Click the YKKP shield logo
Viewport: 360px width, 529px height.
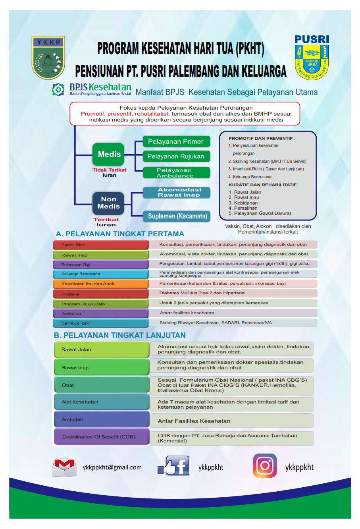pyautogui.click(x=48, y=57)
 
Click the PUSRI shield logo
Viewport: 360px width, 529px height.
pyautogui.click(x=312, y=57)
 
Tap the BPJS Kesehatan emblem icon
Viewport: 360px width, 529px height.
pyautogui.click(x=58, y=89)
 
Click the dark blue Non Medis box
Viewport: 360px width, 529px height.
pyautogui.click(x=108, y=203)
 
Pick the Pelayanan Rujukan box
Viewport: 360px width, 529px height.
pyautogui.click(x=176, y=156)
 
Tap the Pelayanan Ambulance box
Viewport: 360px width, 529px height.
pyautogui.click(x=176, y=173)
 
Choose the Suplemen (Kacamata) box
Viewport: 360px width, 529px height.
pyautogui.click(x=176, y=216)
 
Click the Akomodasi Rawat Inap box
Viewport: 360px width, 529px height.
pyautogui.click(x=176, y=193)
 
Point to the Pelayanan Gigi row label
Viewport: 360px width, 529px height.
pyautogui.click(x=101, y=264)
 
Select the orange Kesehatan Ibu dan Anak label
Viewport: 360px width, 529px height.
pyautogui.click(x=101, y=284)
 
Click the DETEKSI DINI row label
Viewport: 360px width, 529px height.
pyautogui.click(x=101, y=323)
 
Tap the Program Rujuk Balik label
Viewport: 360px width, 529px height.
pyautogui.click(x=101, y=303)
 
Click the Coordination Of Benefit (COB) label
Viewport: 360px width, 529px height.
pyautogui.click(x=102, y=436)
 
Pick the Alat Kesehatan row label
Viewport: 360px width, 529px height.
pyautogui.click(x=102, y=402)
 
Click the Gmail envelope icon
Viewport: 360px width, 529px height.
pyautogui.click(x=64, y=466)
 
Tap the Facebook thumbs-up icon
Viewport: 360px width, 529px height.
pyautogui.click(x=173, y=465)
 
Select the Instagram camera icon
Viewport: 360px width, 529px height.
pyautogui.click(x=265, y=465)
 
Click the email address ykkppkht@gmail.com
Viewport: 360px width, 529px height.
pyautogui.click(x=112, y=467)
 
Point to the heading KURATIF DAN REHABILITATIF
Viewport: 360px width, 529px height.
pyautogui.click(x=262, y=185)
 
